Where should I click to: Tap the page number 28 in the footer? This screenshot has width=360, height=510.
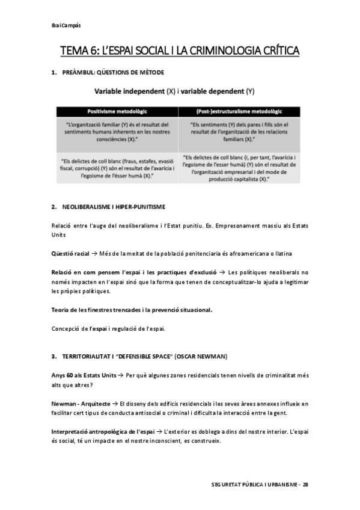point(305,485)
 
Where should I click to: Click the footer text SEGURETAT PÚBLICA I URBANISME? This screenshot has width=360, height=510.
point(255,485)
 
